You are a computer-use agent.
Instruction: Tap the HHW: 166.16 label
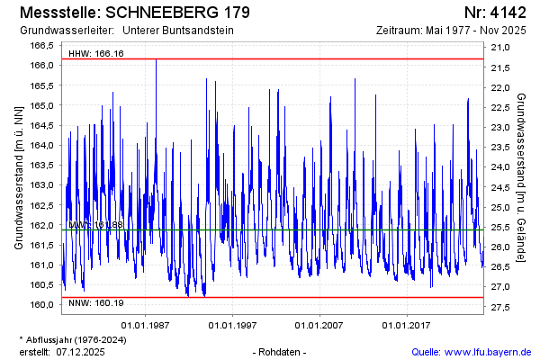(x=96, y=54)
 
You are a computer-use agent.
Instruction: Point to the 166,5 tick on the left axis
(x=44, y=46)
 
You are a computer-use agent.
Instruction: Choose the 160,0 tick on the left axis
(x=44, y=304)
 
